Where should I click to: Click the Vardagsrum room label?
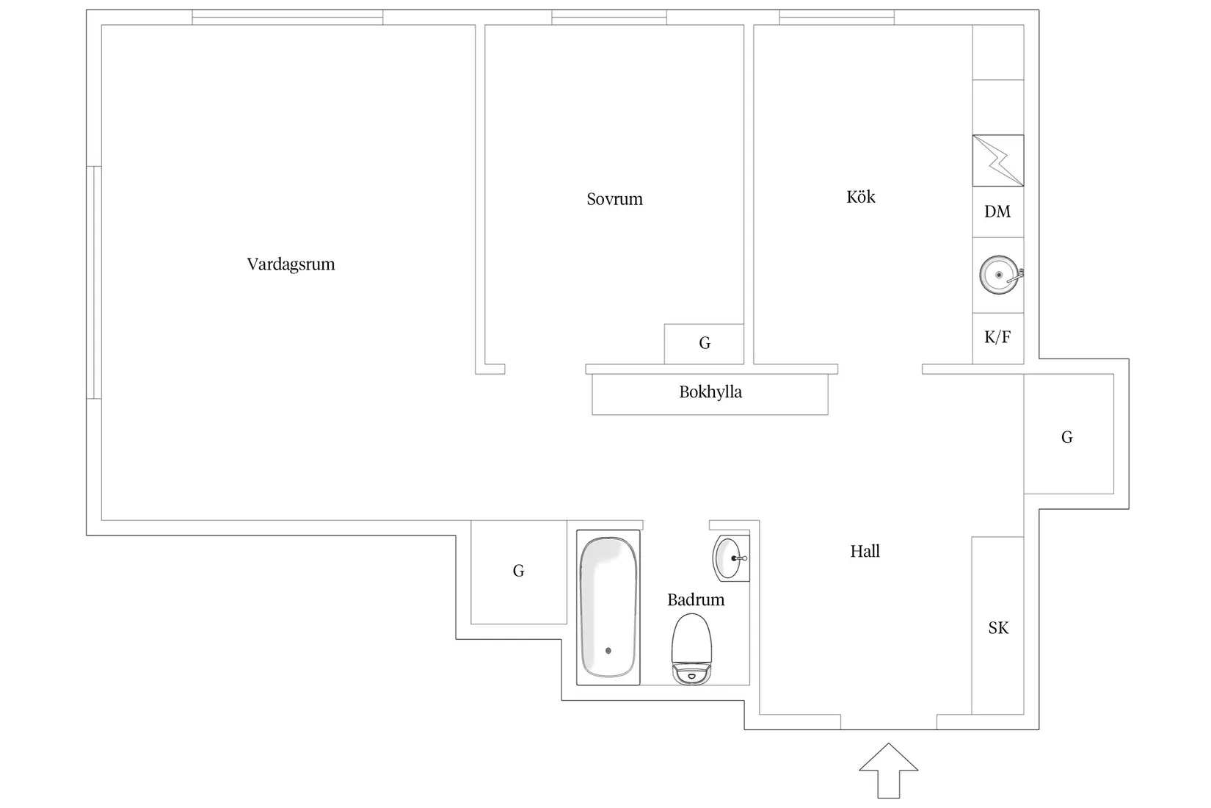coord(291,264)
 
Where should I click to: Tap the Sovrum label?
coord(614,199)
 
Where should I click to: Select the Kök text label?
coord(860,197)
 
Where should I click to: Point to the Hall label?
coord(865,552)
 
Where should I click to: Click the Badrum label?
coord(696,600)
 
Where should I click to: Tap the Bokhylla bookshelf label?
coord(710,392)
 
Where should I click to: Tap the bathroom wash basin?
coord(730,558)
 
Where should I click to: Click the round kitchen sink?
coord(999,275)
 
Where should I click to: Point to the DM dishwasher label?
coord(997,212)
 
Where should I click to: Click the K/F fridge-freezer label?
coord(997,337)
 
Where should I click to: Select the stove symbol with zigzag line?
coord(998,160)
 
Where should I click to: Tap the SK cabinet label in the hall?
coord(998,628)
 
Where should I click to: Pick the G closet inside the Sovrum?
coord(705,343)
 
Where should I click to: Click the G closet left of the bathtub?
coord(518,571)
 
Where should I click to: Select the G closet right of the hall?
coord(1067,438)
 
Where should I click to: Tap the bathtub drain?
coord(608,650)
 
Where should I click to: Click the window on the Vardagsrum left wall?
coord(94,283)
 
